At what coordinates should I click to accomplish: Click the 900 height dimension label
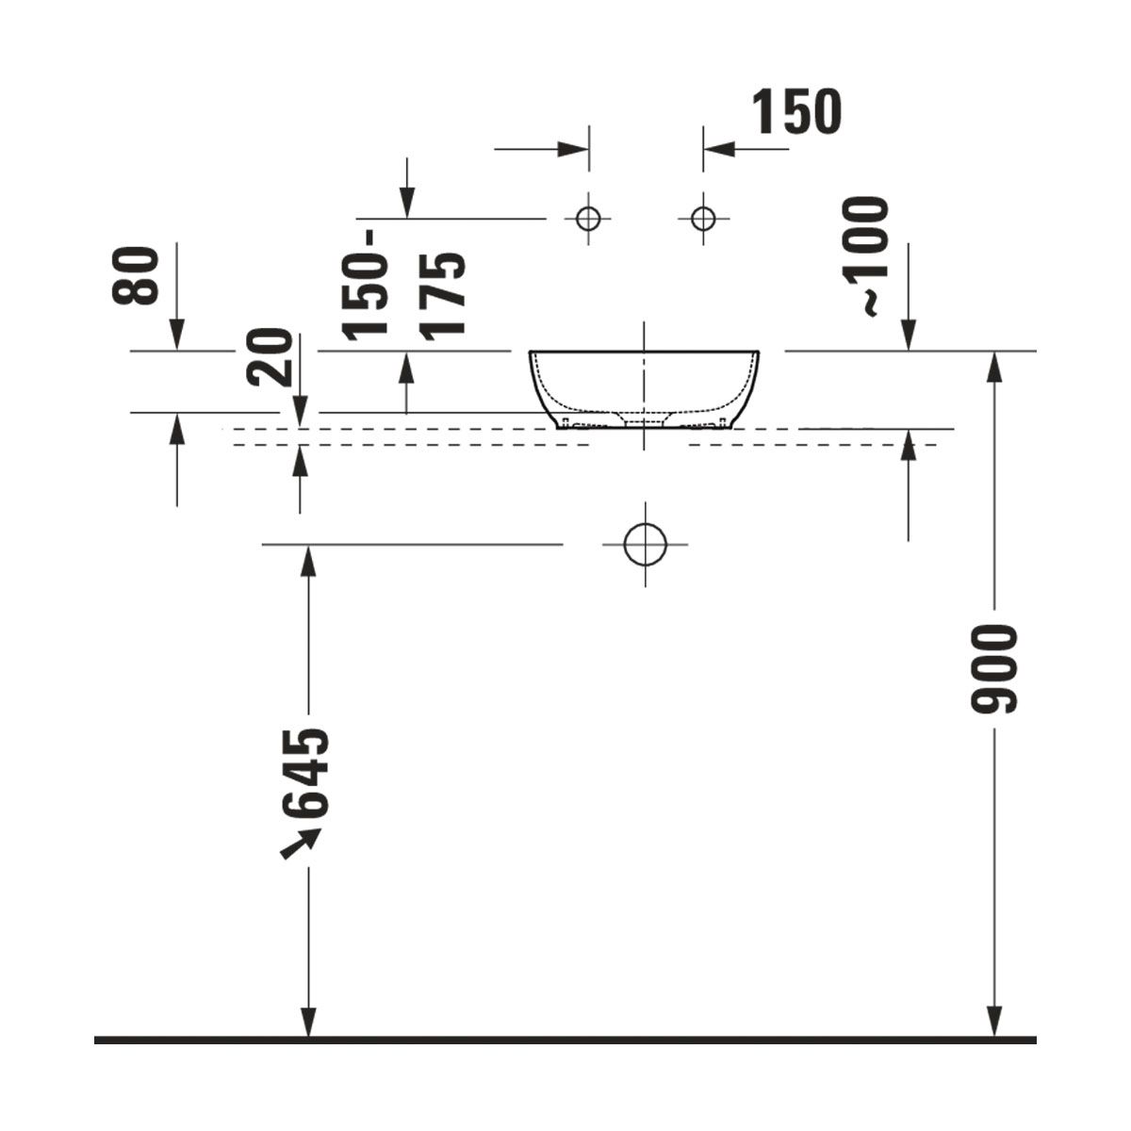pos(993,669)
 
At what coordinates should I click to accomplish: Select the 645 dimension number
pos(305,773)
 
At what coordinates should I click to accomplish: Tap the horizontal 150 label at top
pos(796,112)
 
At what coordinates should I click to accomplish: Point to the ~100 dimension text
pos(866,256)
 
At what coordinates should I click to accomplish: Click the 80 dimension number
pos(136,275)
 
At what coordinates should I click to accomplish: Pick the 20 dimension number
pos(270,357)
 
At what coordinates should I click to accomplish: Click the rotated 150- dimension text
pos(365,286)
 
